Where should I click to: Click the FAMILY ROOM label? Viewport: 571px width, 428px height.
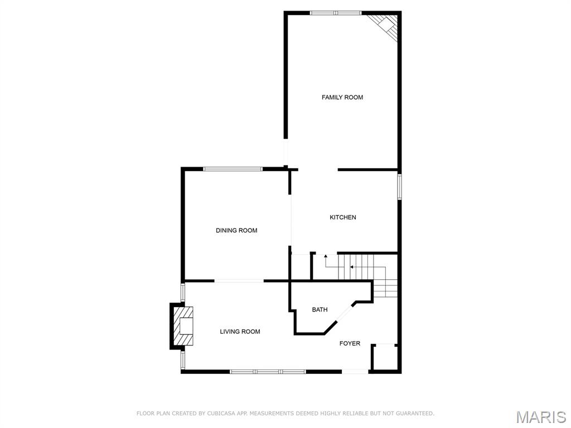click(342, 98)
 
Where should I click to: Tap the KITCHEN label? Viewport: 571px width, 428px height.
click(342, 217)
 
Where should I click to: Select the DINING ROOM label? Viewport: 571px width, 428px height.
click(236, 230)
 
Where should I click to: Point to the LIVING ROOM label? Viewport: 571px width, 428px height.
click(240, 332)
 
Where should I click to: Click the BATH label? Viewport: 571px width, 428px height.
click(320, 310)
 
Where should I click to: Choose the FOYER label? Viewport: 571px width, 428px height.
click(350, 343)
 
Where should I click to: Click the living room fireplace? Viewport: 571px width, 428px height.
click(183, 326)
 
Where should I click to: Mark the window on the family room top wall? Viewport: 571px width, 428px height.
click(335, 13)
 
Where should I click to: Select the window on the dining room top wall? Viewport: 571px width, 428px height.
click(233, 169)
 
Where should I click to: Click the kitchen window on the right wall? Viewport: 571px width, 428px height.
click(399, 187)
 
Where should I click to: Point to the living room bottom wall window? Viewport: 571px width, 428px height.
click(268, 371)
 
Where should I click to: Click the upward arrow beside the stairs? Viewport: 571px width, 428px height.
click(326, 257)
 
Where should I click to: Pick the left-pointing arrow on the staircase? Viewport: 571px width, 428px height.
click(352, 267)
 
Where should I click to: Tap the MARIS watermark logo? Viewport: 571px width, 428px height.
click(540, 417)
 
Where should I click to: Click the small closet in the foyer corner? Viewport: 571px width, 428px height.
click(385, 357)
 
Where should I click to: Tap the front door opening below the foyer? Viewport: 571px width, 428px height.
click(355, 371)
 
